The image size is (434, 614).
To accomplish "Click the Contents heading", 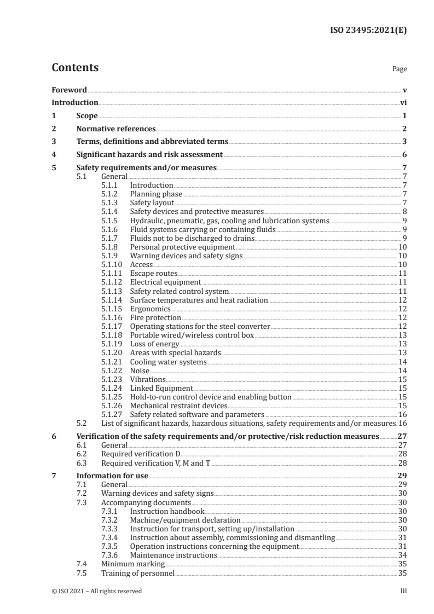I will click(75, 68).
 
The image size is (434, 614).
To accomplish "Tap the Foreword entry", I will click(69, 89).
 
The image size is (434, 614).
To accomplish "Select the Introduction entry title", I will click(75, 102).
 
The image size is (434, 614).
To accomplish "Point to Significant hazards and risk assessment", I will click(149, 154).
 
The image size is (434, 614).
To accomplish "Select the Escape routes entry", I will click(154, 273).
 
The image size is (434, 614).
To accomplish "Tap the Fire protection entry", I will click(155, 317).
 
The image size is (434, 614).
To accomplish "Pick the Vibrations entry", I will click(148, 379).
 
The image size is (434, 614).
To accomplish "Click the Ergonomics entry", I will click(151, 309).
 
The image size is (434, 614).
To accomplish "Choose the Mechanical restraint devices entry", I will click(178, 406).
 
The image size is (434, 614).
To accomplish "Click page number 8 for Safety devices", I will click(404, 212).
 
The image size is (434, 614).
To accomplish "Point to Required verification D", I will click(141, 454).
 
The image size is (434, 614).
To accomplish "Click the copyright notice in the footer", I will click(96, 590).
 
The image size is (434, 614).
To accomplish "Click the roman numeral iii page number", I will click(403, 590).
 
